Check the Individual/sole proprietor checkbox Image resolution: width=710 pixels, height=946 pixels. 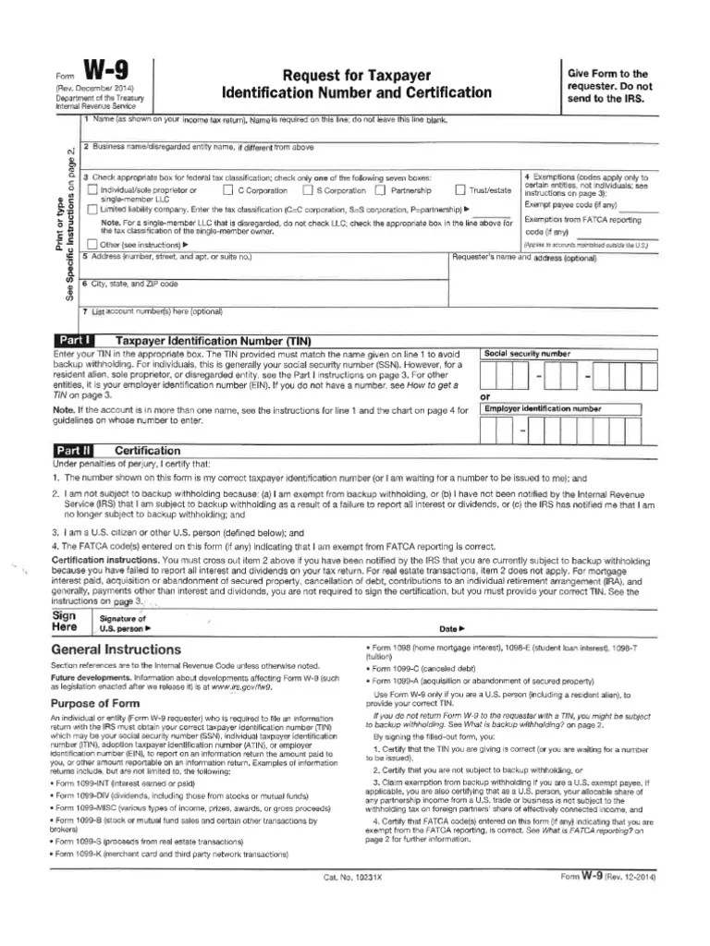(x=92, y=190)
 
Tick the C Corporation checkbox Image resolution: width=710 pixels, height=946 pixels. (x=227, y=190)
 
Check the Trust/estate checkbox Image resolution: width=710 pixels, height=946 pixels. (x=485, y=190)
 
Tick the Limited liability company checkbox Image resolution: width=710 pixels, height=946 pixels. (x=92, y=210)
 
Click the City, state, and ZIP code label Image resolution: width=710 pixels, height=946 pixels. (x=117, y=284)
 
